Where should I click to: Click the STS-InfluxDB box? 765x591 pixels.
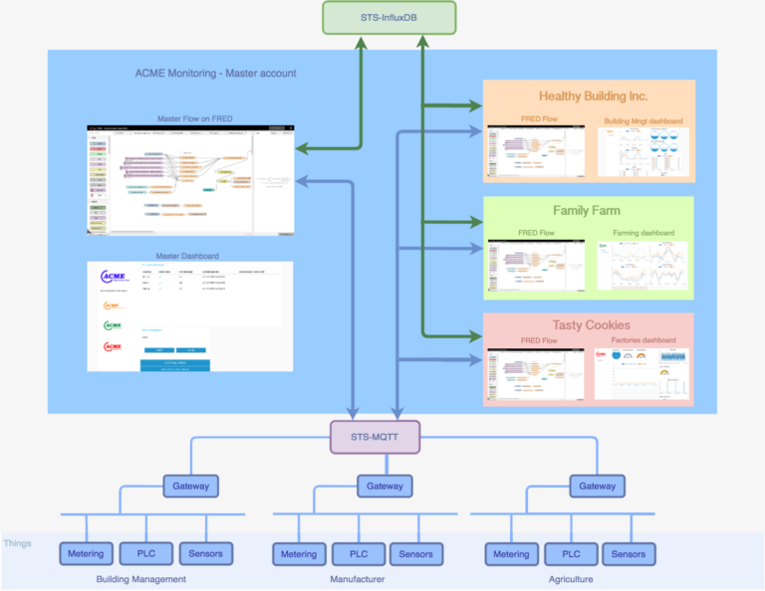388,17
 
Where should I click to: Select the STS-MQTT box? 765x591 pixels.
375,436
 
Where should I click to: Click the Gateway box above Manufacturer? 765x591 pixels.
384,487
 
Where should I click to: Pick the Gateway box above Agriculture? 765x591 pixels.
598,487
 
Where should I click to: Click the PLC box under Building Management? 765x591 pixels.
146,553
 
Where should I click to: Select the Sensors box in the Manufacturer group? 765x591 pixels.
416,554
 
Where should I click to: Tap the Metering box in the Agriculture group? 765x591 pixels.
512,554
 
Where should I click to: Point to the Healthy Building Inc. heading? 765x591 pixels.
593,97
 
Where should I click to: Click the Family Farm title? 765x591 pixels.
587,211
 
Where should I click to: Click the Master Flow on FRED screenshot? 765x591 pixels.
191,180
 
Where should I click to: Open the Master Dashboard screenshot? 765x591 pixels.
189,315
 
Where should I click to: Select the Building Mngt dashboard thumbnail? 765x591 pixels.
643,152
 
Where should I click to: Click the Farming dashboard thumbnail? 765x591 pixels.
643,265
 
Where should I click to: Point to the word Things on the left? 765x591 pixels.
17,543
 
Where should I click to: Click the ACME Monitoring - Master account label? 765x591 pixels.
215,74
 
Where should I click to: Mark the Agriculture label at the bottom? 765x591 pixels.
571,579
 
